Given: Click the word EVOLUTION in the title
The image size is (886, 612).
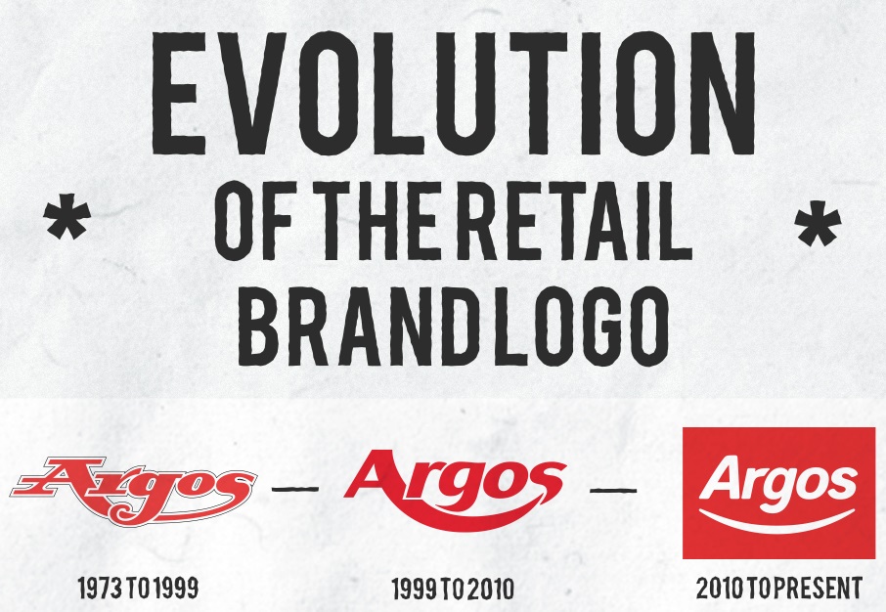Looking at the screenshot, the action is (x=454, y=94).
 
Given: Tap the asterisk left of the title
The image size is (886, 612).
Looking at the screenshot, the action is (x=67, y=217).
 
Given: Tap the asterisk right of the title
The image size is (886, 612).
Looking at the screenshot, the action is (x=819, y=224).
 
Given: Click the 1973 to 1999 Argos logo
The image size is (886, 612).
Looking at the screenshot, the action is (x=133, y=490).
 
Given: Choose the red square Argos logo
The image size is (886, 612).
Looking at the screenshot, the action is (x=778, y=493).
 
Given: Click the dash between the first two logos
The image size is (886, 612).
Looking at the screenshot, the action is (x=295, y=489).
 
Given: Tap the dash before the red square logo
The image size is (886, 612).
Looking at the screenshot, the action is (x=613, y=490).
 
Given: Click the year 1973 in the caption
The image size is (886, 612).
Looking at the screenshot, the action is (x=100, y=588).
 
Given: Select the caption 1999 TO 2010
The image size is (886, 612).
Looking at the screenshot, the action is (x=453, y=589).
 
